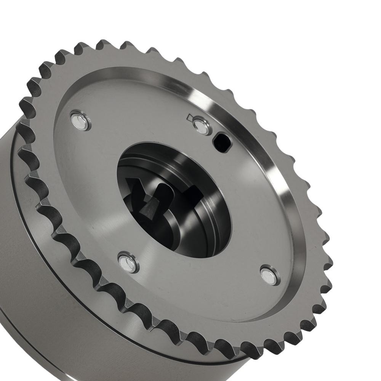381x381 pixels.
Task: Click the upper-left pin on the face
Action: click(x=80, y=120)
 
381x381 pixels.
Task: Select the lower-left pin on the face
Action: click(x=128, y=262)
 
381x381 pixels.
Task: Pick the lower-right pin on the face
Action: click(x=269, y=276)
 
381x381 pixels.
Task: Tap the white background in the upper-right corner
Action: click(x=343, y=30)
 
